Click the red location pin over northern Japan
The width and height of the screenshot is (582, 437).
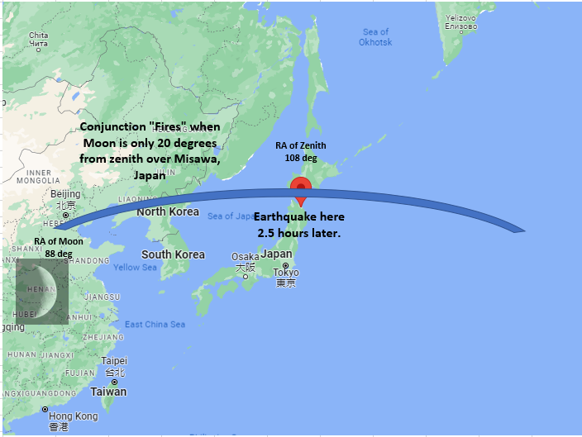(x=302, y=189)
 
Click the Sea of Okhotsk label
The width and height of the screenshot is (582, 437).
(x=375, y=37)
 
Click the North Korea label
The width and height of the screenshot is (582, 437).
(x=168, y=211)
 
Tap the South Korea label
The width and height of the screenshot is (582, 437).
(x=173, y=254)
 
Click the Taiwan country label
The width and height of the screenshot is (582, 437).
(x=108, y=392)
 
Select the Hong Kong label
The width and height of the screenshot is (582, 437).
(x=73, y=416)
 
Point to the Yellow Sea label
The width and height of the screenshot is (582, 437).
(x=135, y=268)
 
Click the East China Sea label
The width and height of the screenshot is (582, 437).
(x=155, y=324)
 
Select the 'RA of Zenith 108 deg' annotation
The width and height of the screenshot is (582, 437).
(x=301, y=151)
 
